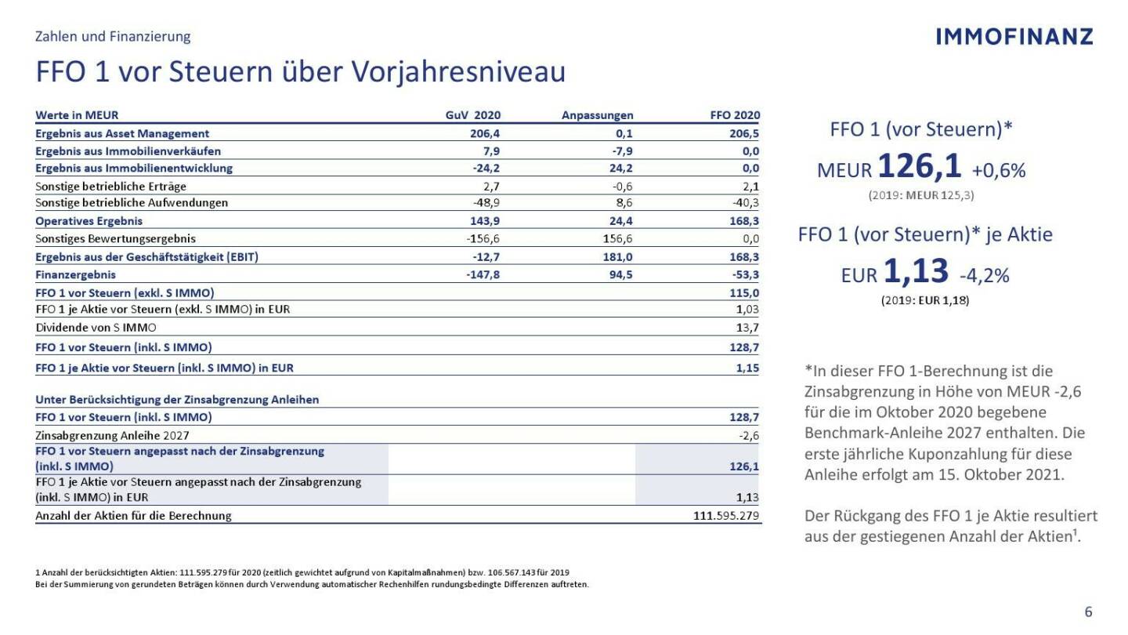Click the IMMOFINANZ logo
click(1014, 36)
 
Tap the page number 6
click(1088, 612)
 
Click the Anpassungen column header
click(597, 115)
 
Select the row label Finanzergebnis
click(75, 274)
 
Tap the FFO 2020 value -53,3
click(745, 274)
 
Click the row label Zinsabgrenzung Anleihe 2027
click(112, 435)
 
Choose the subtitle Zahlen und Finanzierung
click(113, 36)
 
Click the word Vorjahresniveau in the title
click(458, 72)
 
